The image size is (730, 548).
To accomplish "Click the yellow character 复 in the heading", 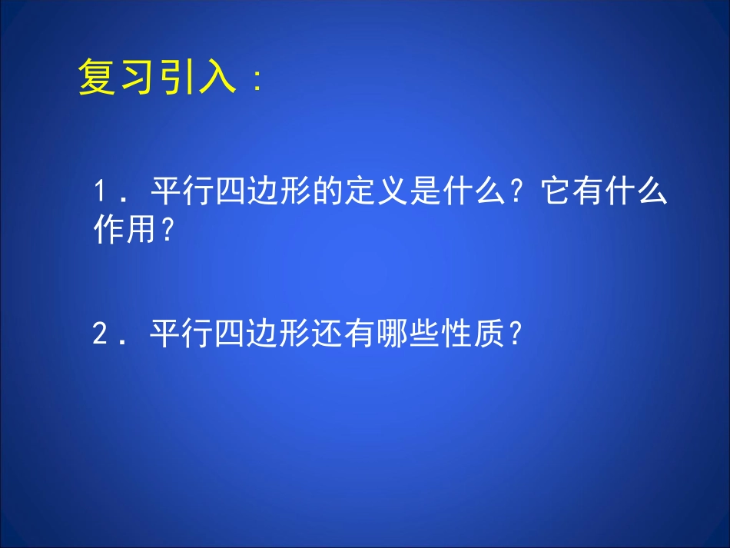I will pos(97,79).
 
